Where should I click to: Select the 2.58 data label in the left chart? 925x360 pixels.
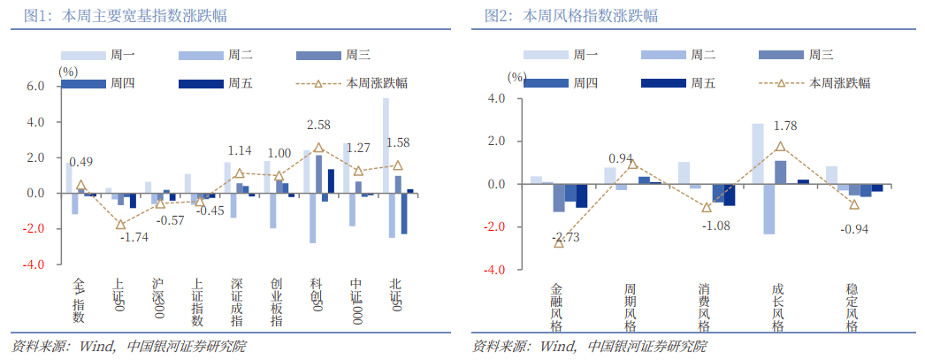(318, 125)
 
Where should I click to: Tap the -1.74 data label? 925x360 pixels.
(134, 238)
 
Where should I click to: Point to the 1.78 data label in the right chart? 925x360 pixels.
(785, 126)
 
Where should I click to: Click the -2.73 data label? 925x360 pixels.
(565, 238)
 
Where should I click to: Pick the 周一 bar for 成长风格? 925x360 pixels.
(758, 154)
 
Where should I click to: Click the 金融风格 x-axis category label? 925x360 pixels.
(556, 307)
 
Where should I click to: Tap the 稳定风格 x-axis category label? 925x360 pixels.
(852, 307)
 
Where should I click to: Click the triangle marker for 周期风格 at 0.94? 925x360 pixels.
(632, 164)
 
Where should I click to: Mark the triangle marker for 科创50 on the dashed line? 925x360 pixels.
(318, 148)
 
